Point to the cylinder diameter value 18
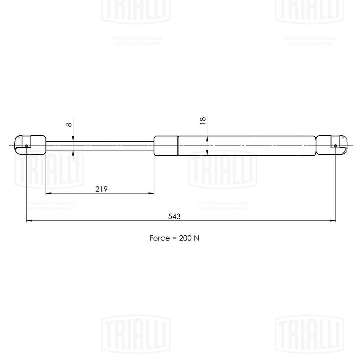(202, 121)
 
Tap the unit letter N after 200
(197, 238)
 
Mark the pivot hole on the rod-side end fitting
(27, 146)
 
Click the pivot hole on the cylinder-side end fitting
(336, 146)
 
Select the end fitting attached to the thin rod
(31, 145)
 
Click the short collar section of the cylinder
(166, 145)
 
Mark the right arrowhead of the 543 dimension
(333, 221)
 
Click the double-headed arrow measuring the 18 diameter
(207, 145)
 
